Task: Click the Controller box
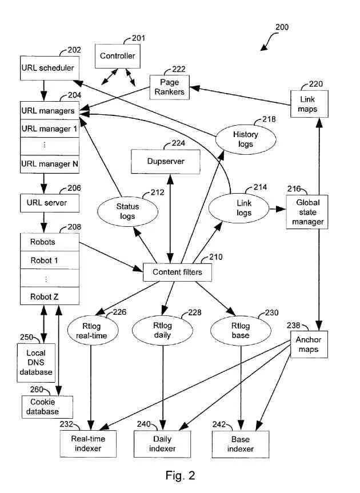pyautogui.click(x=117, y=56)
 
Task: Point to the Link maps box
pyautogui.click(x=307, y=103)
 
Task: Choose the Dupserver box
pyautogui.click(x=166, y=162)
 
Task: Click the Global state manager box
pyautogui.click(x=309, y=212)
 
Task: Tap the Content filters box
pyautogui.click(x=178, y=272)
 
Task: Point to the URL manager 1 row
pyautogui.click(x=49, y=129)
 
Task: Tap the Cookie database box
pyautogui.click(x=49, y=407)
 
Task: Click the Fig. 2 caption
pyautogui.click(x=180, y=475)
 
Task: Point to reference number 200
pyautogui.click(x=282, y=27)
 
